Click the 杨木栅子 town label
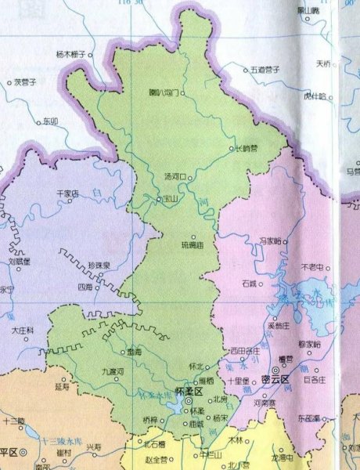click(x=70, y=55)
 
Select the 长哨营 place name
click(x=247, y=148)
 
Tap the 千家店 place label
click(x=63, y=193)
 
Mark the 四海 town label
click(x=85, y=287)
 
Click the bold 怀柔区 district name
click(x=189, y=390)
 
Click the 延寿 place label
click(x=63, y=385)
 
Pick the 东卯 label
click(x=51, y=121)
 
